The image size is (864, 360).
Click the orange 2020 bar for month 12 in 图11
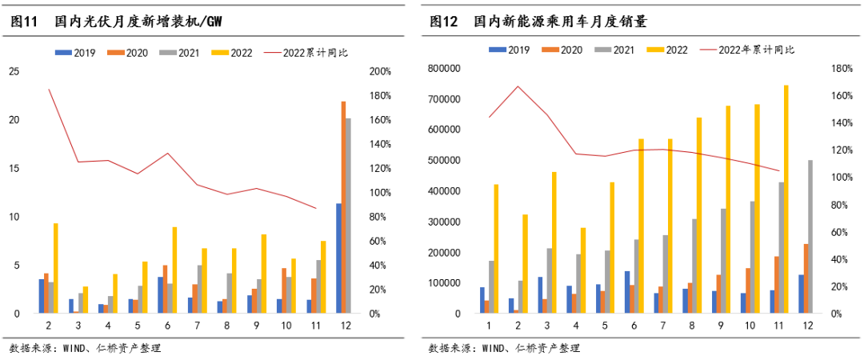[x=343, y=207]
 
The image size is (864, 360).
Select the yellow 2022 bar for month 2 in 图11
[x=55, y=268]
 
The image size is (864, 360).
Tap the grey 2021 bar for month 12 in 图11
[x=348, y=215]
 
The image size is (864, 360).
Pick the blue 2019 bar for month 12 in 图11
[x=338, y=258]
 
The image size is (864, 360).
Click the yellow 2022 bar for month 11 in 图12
[x=786, y=199]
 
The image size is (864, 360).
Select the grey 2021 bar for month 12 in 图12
[x=810, y=237]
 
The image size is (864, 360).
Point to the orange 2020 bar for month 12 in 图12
[x=805, y=278]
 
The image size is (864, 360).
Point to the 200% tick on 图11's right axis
[x=380, y=71]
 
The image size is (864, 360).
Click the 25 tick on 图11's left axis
[x=14, y=71]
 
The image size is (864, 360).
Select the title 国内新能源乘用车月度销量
[x=560, y=21]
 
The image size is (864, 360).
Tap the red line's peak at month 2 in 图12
[x=518, y=86]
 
